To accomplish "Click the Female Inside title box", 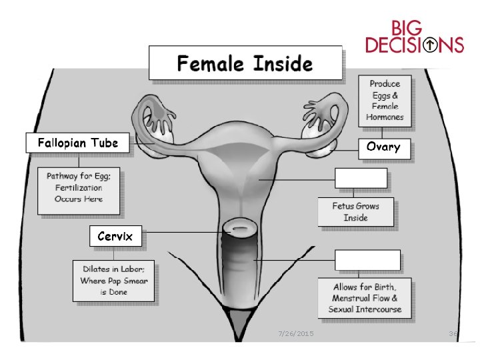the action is (244, 64).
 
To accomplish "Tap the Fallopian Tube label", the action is (78, 143).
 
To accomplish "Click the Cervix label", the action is (115, 237).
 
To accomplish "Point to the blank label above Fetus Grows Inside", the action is (361, 179).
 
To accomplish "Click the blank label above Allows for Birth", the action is (367, 260).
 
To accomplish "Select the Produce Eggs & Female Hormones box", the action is (385, 101).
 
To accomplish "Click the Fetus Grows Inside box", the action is (355, 212).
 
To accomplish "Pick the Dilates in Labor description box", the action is (115, 281).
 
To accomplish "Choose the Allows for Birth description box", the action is (365, 298).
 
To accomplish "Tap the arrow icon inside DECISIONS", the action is (432, 45).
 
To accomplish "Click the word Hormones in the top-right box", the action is (385, 117).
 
